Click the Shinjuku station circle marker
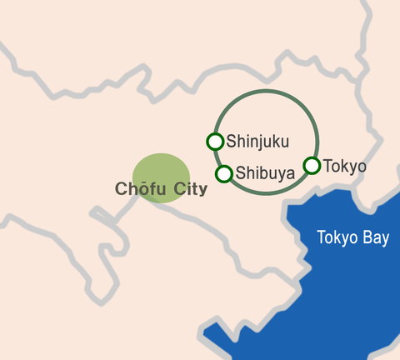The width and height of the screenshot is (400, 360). point(215,142)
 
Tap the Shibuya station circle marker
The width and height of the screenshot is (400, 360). point(224,173)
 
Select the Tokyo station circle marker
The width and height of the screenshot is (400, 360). point(312,165)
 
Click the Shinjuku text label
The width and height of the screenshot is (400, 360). point(257,142)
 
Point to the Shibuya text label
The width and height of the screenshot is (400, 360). point(265,173)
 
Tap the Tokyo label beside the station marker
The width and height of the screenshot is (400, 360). point(344,166)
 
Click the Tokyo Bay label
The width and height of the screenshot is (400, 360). point(352,237)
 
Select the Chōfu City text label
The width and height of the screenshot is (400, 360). point(161,188)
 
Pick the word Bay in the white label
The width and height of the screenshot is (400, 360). point(375,238)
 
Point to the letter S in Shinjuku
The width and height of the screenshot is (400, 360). point(232,142)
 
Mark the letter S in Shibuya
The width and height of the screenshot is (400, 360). point(241,173)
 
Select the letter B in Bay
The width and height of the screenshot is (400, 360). point(364,237)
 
